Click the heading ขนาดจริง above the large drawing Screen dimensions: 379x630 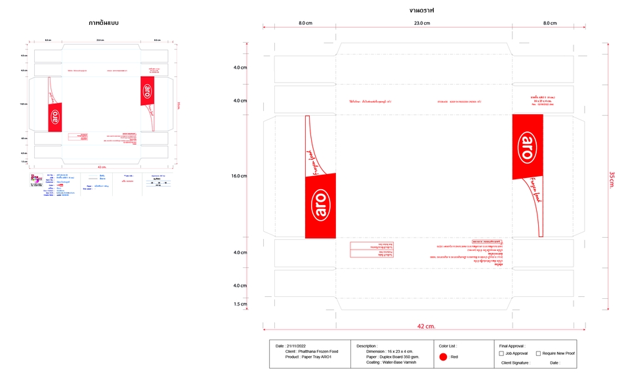[x=421, y=11]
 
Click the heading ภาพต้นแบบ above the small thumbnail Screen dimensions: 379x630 [x=104, y=22]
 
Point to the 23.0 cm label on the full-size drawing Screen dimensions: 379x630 [x=422, y=23]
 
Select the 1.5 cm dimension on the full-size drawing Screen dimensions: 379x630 [x=241, y=304]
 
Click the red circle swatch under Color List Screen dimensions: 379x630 [x=443, y=357]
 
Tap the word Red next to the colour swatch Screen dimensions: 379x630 [x=454, y=357]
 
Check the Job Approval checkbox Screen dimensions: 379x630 [x=501, y=353]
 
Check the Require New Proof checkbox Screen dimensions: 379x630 [x=539, y=353]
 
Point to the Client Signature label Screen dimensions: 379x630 [x=516, y=363]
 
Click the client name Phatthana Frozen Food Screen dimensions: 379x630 [x=322, y=351]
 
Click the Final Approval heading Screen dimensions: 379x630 [x=513, y=346]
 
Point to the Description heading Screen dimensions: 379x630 [x=367, y=346]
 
